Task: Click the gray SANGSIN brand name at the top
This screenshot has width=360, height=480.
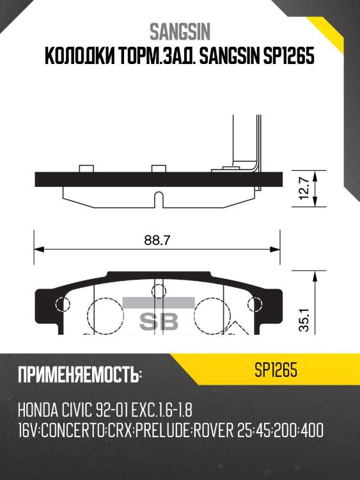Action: click(180, 31)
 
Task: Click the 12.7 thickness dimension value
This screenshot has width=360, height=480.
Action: click(305, 190)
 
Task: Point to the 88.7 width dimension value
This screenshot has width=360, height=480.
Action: click(157, 241)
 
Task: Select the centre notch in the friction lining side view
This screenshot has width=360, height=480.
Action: click(157, 198)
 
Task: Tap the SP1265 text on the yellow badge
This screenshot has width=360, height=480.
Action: click(276, 371)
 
